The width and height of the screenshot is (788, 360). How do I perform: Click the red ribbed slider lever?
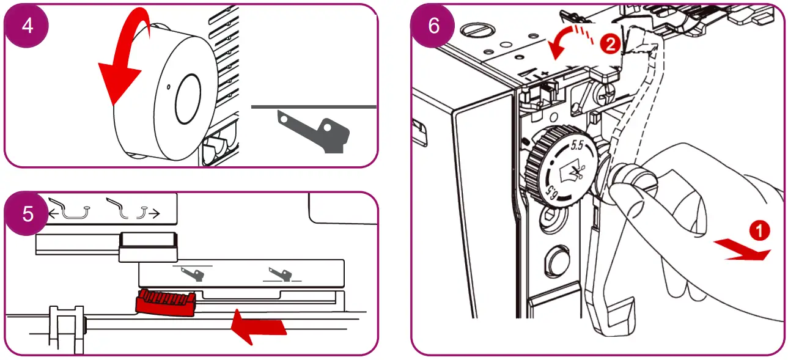166,302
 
